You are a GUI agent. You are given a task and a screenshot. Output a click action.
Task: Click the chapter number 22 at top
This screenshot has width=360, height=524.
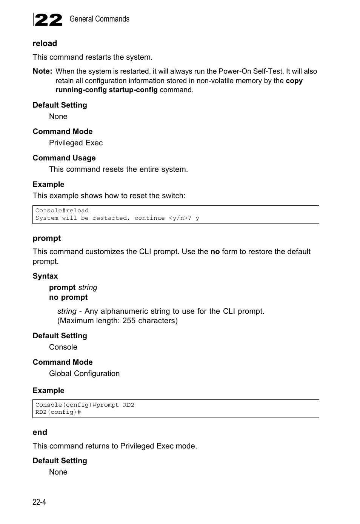tap(48, 20)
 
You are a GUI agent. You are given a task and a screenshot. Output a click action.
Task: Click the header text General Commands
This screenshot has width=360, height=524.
tap(99, 19)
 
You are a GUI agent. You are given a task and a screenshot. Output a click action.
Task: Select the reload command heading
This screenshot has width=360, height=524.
tap(45, 43)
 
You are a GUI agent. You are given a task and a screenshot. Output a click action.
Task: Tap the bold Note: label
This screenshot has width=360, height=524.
tap(42, 71)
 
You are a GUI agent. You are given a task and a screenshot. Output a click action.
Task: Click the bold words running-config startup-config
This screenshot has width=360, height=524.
tap(106, 90)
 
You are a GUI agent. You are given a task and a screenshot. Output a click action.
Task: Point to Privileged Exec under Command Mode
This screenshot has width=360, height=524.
tap(75, 143)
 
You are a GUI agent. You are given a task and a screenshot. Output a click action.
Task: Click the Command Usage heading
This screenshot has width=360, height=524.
tap(64, 158)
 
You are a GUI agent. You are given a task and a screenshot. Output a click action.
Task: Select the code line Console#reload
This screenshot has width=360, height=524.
tap(62, 211)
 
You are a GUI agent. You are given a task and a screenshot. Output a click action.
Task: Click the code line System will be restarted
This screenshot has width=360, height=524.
tap(117, 218)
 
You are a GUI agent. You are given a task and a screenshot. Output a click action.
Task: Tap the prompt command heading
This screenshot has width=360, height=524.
tap(46, 238)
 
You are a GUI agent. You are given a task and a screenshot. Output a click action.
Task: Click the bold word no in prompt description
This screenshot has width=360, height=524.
tap(215, 251)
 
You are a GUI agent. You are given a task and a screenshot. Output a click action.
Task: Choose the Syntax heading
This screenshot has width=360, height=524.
tap(45, 276)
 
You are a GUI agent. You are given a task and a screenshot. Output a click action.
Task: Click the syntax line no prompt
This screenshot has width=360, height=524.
tap(68, 297)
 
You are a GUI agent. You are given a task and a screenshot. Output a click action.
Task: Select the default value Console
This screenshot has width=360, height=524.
tap(63, 347)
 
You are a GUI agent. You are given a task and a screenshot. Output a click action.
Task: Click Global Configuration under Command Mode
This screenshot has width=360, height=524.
tap(84, 373)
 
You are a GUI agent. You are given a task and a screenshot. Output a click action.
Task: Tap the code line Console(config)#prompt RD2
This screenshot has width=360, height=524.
tap(85, 405)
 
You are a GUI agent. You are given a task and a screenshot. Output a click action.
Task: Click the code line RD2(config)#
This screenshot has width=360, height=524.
tap(58, 412)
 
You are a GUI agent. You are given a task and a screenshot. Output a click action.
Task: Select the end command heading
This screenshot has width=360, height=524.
tap(40, 432)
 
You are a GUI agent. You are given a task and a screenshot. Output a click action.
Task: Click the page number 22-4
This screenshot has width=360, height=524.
tap(39, 502)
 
